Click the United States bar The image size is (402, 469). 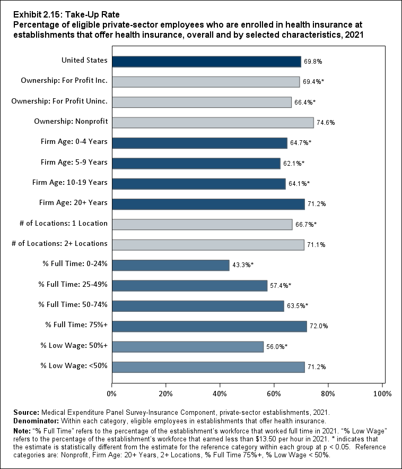pyautogui.click(x=206, y=61)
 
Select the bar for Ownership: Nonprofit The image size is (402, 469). pyautogui.click(x=213, y=122)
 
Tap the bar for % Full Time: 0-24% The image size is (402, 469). pyautogui.click(x=171, y=265)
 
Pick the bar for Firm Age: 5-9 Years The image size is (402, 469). pyautogui.click(x=196, y=163)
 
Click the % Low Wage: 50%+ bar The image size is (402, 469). pyautogui.click(x=188, y=346)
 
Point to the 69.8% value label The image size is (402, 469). pyautogui.click(x=313, y=62)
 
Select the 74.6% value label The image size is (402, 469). pyautogui.click(x=326, y=123)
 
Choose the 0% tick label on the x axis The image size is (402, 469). pyautogui.click(x=112, y=394)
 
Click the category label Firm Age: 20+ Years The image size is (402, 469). pyautogui.click(x=73, y=202)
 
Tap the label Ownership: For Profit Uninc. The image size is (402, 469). pyautogui.click(x=59, y=101)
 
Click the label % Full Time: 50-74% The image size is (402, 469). pyautogui.click(x=73, y=304)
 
